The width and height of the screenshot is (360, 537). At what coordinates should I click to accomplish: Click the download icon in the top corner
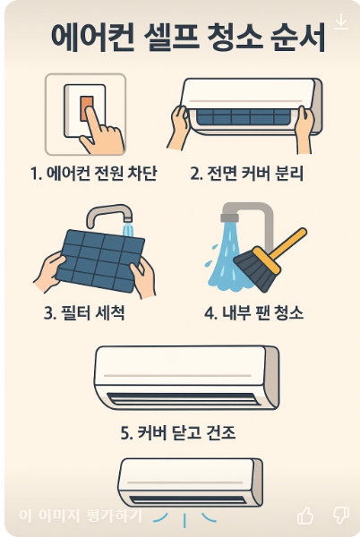click(x=341, y=21)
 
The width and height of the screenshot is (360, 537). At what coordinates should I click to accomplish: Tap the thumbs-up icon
click(x=305, y=515)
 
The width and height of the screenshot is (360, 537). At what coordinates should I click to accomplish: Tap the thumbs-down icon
click(x=341, y=516)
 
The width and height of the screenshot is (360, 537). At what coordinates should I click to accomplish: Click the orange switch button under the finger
click(x=86, y=108)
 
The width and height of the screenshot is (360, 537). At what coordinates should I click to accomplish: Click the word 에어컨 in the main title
click(x=92, y=38)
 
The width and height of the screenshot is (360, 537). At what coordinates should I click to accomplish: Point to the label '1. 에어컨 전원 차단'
click(x=93, y=173)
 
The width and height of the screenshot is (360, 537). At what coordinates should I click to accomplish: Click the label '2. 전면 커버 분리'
click(x=246, y=173)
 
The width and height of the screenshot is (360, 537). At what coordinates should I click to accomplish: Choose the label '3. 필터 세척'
click(x=84, y=312)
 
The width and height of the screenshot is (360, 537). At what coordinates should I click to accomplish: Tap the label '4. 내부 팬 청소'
click(x=253, y=312)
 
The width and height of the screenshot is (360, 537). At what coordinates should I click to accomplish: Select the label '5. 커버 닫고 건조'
click(x=178, y=432)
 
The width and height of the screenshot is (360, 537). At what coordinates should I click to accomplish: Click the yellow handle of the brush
click(x=287, y=243)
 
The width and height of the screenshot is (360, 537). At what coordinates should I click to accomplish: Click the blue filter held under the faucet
click(x=100, y=260)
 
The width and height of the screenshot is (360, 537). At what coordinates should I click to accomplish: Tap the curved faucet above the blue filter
click(x=109, y=214)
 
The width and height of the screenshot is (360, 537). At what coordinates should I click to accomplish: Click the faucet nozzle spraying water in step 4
click(x=229, y=217)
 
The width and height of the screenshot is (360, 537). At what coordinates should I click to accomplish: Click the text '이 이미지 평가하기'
click(x=81, y=516)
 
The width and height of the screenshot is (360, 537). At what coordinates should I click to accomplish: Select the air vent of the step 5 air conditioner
click(x=182, y=398)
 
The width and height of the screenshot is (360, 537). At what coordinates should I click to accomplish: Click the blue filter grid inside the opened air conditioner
click(x=244, y=116)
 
